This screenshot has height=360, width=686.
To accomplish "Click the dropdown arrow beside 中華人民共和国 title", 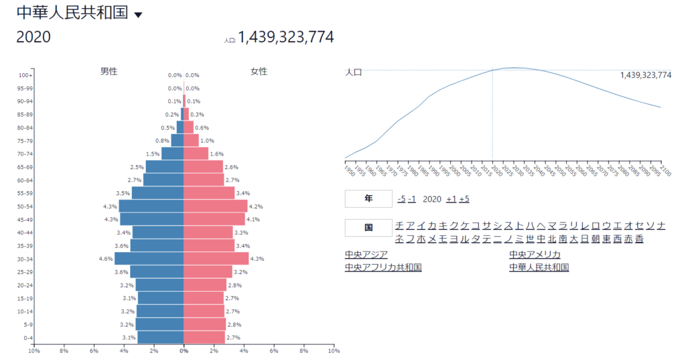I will [139, 15].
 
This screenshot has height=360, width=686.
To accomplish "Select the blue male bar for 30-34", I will [149, 259].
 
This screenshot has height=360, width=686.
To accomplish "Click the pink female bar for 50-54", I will [215, 206].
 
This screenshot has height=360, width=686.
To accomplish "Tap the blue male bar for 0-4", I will [160, 337].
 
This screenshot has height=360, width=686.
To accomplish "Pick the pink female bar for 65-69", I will [203, 167].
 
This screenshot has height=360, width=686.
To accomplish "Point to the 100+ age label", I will [26, 75].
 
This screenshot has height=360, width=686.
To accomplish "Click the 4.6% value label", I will [105, 259].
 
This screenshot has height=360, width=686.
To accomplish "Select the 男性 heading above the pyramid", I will [109, 71].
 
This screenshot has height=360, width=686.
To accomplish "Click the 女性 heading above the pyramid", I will [259, 71].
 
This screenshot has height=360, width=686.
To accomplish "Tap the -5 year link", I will [401, 199].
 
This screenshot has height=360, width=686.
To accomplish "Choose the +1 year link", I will [451, 199].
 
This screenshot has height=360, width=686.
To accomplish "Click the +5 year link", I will [464, 199].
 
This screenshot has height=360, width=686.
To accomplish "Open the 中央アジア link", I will [366, 254].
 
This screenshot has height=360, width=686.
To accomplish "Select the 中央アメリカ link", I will [535, 254].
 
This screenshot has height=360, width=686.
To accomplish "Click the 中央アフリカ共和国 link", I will [383, 267].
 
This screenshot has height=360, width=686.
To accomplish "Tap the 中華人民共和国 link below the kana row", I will [539, 267].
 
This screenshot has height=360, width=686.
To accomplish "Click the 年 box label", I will [368, 199].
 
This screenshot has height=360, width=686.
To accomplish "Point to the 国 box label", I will [368, 228].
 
